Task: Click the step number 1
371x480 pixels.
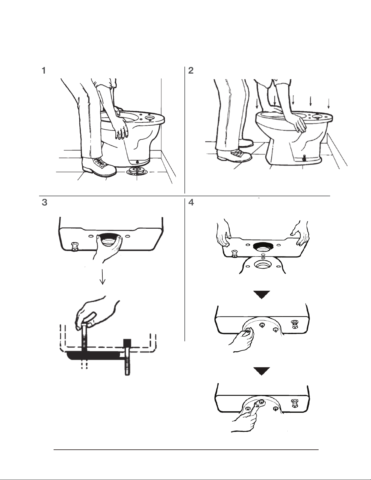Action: coord(44,71)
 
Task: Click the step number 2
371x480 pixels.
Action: coord(191,71)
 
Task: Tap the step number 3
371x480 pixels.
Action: coord(44,203)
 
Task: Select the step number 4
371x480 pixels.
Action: coord(191,203)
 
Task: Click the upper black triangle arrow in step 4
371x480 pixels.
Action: coord(262,295)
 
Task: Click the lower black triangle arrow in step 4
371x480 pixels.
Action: coord(262,371)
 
